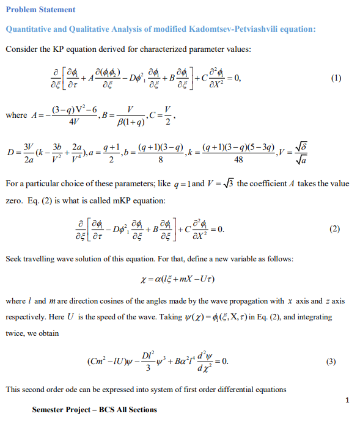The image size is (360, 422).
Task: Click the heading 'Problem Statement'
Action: [x=40, y=9]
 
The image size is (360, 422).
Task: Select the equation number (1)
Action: [x=334, y=78]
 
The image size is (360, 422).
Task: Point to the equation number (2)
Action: [x=334, y=230]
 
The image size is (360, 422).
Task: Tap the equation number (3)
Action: [x=331, y=361]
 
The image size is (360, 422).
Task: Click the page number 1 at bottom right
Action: [x=347, y=400]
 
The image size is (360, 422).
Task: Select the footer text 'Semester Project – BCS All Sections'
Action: [x=95, y=409]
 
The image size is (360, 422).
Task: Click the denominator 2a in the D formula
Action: [x=28, y=159]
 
